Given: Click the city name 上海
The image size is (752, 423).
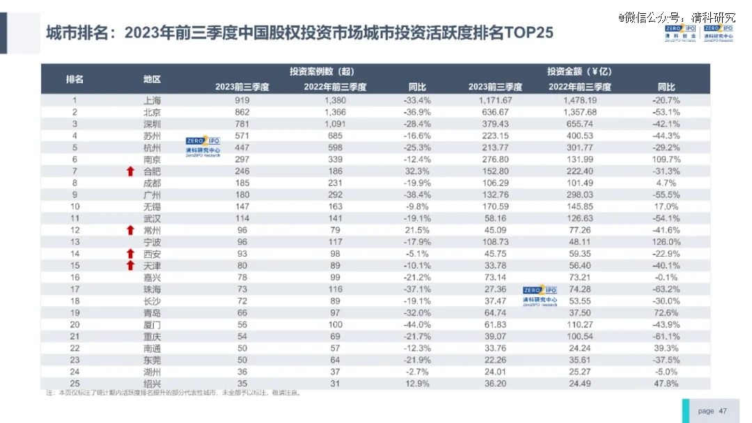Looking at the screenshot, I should pos(152,100).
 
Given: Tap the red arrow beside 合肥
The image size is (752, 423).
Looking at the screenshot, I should pos(130,171).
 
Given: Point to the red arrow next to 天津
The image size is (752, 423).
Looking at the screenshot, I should pos(130,265).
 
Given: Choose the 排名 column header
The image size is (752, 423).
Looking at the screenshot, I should pos(75,79).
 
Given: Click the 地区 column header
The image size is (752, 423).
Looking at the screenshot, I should pos(152,79).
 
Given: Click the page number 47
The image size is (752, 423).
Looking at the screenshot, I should pos(722,411).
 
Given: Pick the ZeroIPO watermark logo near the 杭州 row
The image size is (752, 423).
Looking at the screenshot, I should pos(203,146).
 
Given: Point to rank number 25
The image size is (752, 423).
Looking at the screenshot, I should pos(75,383).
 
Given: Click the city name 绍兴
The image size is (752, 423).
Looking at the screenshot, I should pos(152,383).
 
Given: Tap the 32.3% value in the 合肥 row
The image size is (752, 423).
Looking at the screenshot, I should pos(418,171).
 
